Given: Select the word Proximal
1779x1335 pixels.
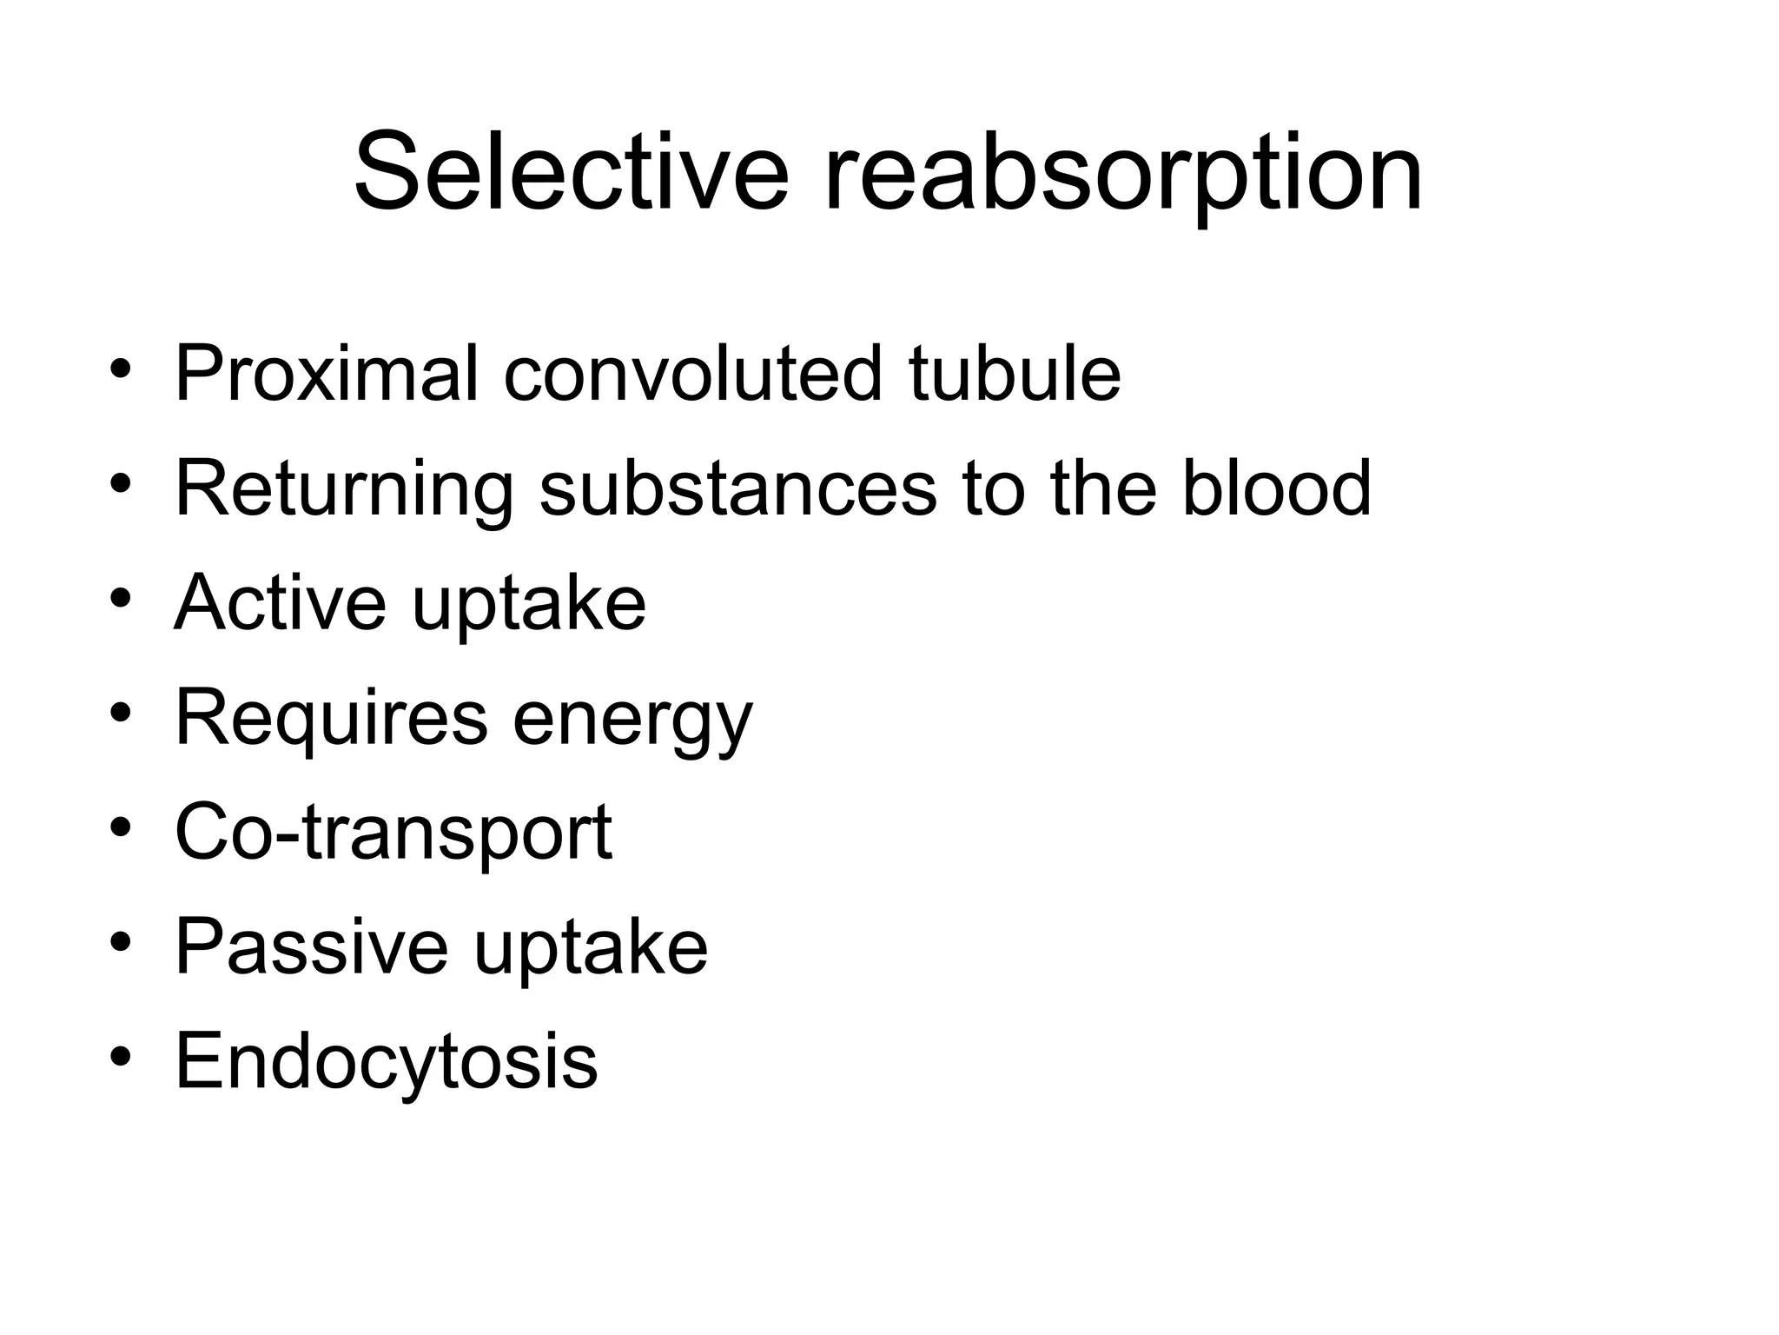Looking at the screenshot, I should [x=327, y=373].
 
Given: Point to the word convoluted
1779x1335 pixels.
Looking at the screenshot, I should [x=691, y=373].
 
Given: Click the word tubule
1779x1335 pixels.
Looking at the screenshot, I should [x=1015, y=373].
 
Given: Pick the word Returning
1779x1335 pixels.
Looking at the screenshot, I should [x=344, y=489].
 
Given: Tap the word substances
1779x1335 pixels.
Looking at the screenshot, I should [x=737, y=488].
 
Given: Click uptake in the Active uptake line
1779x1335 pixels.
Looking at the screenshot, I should [x=529, y=605].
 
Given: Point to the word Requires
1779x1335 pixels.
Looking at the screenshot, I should [x=331, y=718].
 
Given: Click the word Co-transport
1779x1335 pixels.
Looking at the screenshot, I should [x=393, y=833].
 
